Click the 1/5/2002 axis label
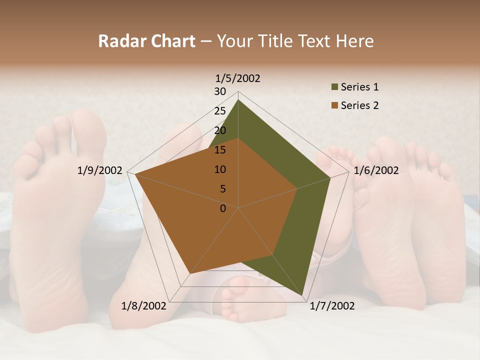click(x=238, y=78)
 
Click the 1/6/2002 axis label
click(x=376, y=170)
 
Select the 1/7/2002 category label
click(x=332, y=305)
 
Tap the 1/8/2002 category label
click(x=144, y=305)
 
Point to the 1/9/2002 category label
click(x=99, y=170)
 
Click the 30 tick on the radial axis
click(x=220, y=91)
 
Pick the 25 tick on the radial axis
click(x=220, y=111)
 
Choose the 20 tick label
click(x=220, y=130)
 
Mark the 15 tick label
click(x=220, y=150)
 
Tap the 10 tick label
click(x=220, y=169)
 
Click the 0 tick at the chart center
click(x=223, y=208)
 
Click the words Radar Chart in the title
click(x=146, y=41)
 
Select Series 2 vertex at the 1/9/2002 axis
click(x=135, y=174)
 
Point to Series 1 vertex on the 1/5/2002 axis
click(x=238, y=100)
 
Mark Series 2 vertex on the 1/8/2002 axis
click(x=190, y=273)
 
